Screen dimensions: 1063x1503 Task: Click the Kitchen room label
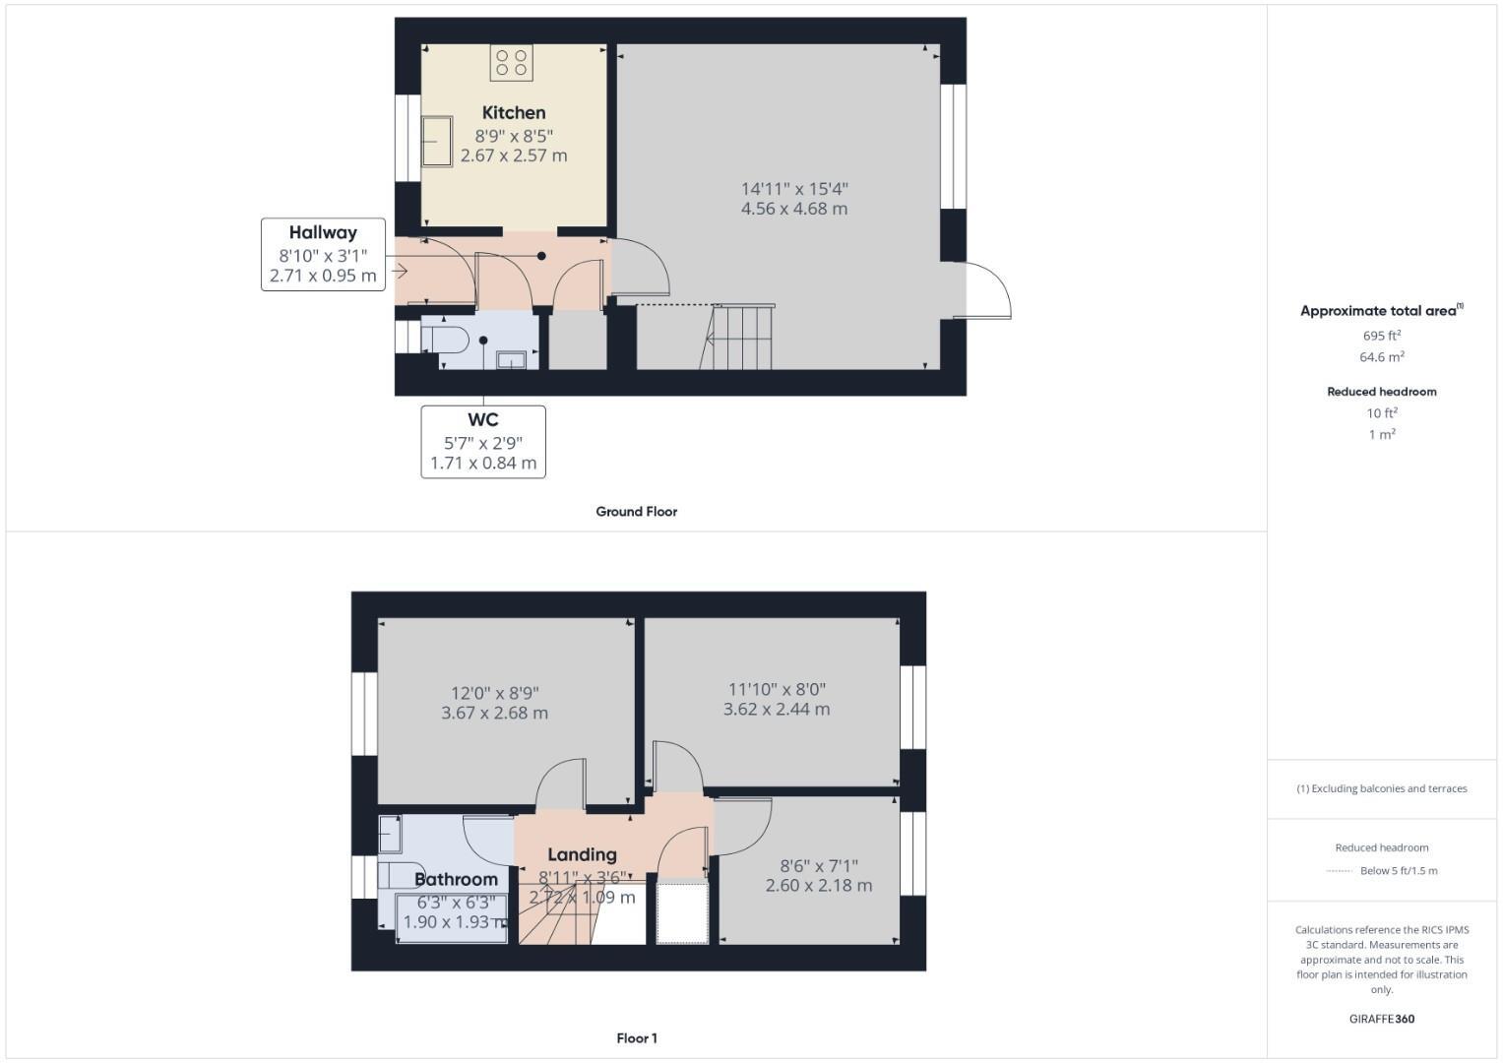(513, 113)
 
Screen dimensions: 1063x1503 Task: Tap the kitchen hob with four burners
(511, 63)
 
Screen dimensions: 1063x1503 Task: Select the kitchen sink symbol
(437, 142)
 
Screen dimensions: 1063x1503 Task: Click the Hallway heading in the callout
(323, 233)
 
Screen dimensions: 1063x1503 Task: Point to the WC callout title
(482, 419)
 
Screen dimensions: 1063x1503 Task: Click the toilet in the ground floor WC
(445, 340)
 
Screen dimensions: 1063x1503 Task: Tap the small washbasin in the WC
(511, 360)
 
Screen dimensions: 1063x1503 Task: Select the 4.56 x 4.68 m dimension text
(793, 209)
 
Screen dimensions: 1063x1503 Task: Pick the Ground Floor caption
(636, 512)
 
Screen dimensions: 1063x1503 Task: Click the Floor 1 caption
(636, 1038)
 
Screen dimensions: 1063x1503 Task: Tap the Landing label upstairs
(582, 854)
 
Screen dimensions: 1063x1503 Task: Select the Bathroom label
(456, 879)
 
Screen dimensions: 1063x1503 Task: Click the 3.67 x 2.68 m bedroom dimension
(494, 713)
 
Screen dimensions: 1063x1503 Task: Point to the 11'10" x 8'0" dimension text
(776, 689)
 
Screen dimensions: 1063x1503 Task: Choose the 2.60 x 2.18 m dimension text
(818, 885)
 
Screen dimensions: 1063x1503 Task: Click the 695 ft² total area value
(1381, 336)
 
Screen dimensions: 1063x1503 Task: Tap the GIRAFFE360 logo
(1381, 1019)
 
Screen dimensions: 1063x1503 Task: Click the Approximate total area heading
(1379, 311)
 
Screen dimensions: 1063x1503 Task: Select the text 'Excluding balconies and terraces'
(1387, 788)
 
